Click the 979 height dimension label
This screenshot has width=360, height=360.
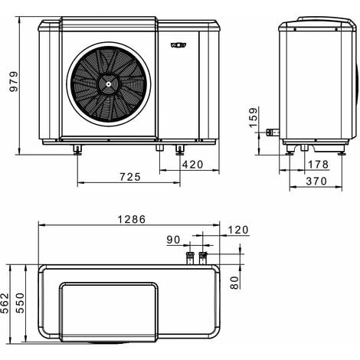[14, 81]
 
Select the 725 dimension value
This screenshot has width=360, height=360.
[130, 177]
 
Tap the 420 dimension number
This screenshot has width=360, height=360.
[193, 165]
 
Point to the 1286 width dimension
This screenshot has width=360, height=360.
[132, 219]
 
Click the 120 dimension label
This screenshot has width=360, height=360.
[238, 230]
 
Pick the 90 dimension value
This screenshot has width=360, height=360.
[174, 240]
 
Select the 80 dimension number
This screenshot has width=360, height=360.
[234, 283]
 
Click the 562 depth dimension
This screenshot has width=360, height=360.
[5, 303]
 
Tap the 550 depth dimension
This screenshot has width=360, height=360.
[20, 303]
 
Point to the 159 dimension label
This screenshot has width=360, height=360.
[254, 117]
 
